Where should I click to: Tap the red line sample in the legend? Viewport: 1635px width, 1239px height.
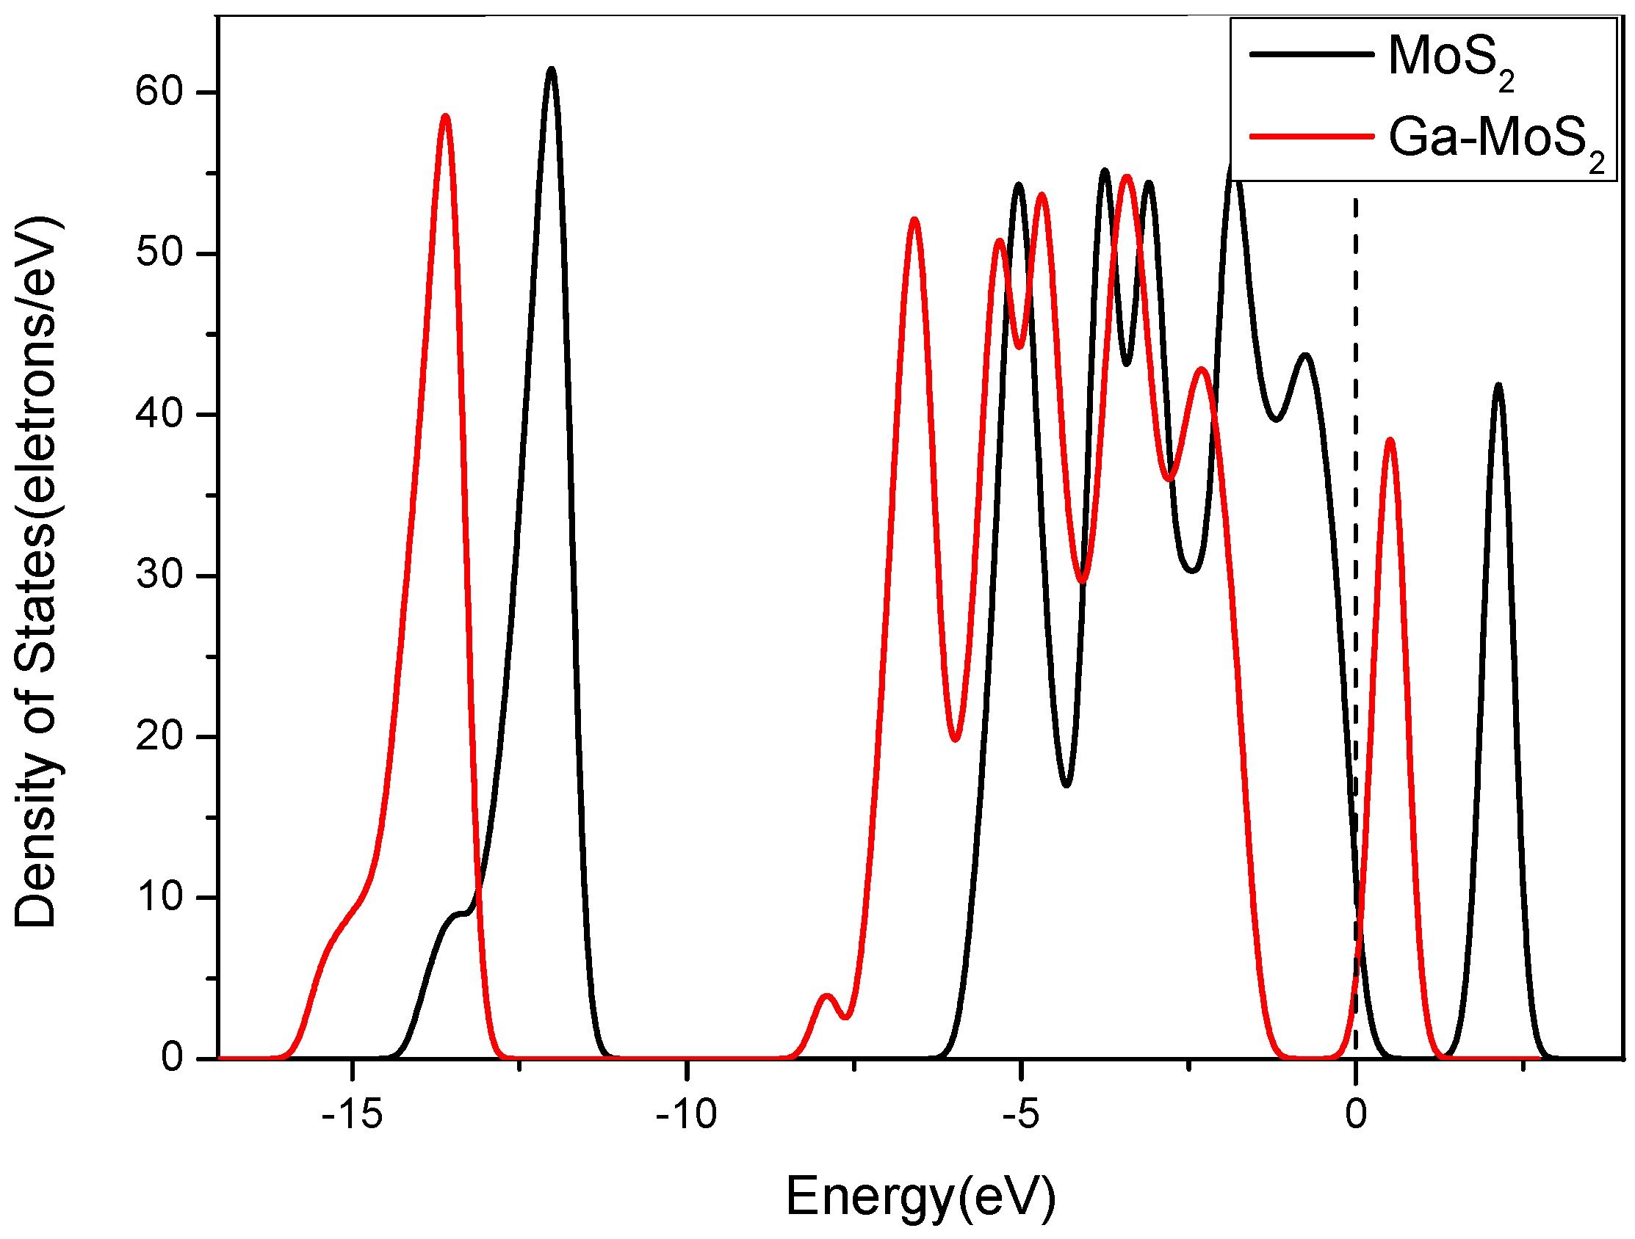[1310, 137]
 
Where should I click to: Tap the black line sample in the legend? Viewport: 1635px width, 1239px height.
[1310, 54]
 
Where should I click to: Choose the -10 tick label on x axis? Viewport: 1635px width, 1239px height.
[686, 1113]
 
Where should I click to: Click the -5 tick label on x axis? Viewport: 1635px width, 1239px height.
[1021, 1113]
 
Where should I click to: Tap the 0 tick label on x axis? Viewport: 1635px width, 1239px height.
[1356, 1113]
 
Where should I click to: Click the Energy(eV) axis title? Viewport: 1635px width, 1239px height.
[920, 1197]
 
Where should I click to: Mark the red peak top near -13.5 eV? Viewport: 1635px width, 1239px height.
[444, 116]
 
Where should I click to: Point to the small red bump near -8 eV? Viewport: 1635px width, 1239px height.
[827, 997]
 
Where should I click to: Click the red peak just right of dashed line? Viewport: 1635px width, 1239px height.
[1390, 440]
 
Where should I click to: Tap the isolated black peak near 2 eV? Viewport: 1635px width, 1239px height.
[1498, 385]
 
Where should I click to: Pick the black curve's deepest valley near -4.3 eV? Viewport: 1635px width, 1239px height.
[1066, 785]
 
